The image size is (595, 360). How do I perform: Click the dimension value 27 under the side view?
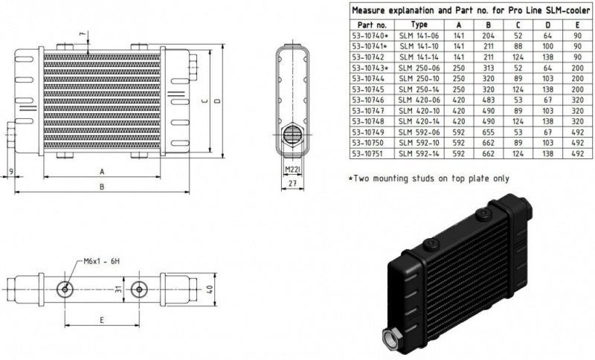[292, 182]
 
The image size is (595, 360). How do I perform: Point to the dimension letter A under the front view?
[101, 171]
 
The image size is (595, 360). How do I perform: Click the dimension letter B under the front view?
[101, 187]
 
